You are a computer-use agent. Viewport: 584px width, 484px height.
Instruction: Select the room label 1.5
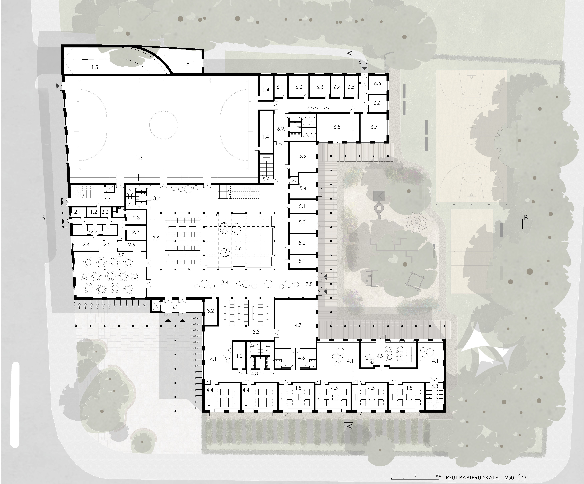tap(95, 67)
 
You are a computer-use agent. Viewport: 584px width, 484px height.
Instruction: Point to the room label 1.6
tap(186, 64)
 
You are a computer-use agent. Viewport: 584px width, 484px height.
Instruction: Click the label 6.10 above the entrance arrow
tap(363, 62)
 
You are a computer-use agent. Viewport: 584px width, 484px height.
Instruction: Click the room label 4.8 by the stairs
tap(435, 386)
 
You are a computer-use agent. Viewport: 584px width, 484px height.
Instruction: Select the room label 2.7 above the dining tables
tap(120, 255)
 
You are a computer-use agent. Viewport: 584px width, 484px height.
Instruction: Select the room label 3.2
tap(210, 311)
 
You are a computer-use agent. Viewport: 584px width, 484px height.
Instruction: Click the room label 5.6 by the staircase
tap(266, 179)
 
